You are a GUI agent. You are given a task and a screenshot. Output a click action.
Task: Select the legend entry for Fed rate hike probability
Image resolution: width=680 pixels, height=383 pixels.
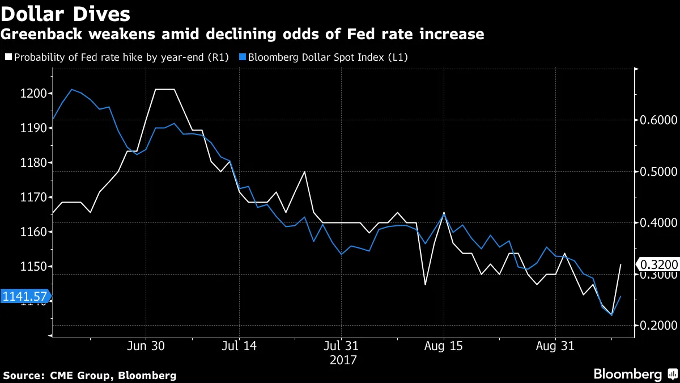(x=117, y=57)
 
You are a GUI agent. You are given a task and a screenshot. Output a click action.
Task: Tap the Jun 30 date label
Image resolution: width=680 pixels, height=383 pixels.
(x=146, y=346)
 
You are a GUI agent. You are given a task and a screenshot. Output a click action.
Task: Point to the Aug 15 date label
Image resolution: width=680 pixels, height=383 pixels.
(x=443, y=346)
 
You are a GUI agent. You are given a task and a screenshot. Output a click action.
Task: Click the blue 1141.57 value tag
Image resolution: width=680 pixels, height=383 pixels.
(x=24, y=296)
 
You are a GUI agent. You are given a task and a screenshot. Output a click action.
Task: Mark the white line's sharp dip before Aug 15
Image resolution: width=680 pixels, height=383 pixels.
(x=425, y=284)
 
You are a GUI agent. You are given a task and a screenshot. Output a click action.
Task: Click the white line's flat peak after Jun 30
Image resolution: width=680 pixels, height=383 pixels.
(x=165, y=90)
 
